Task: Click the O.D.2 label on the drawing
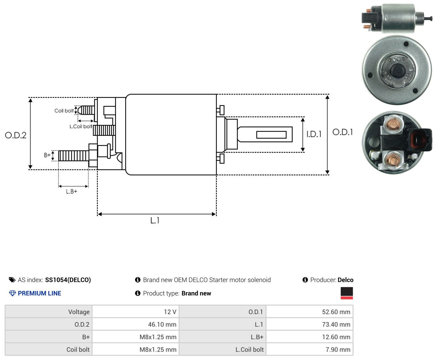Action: click(16, 135)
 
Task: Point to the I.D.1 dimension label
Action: click(314, 134)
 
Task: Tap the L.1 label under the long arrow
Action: click(155, 221)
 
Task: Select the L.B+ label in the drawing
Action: click(72, 191)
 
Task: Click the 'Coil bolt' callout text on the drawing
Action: click(64, 111)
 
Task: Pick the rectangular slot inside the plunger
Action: click(271, 135)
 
